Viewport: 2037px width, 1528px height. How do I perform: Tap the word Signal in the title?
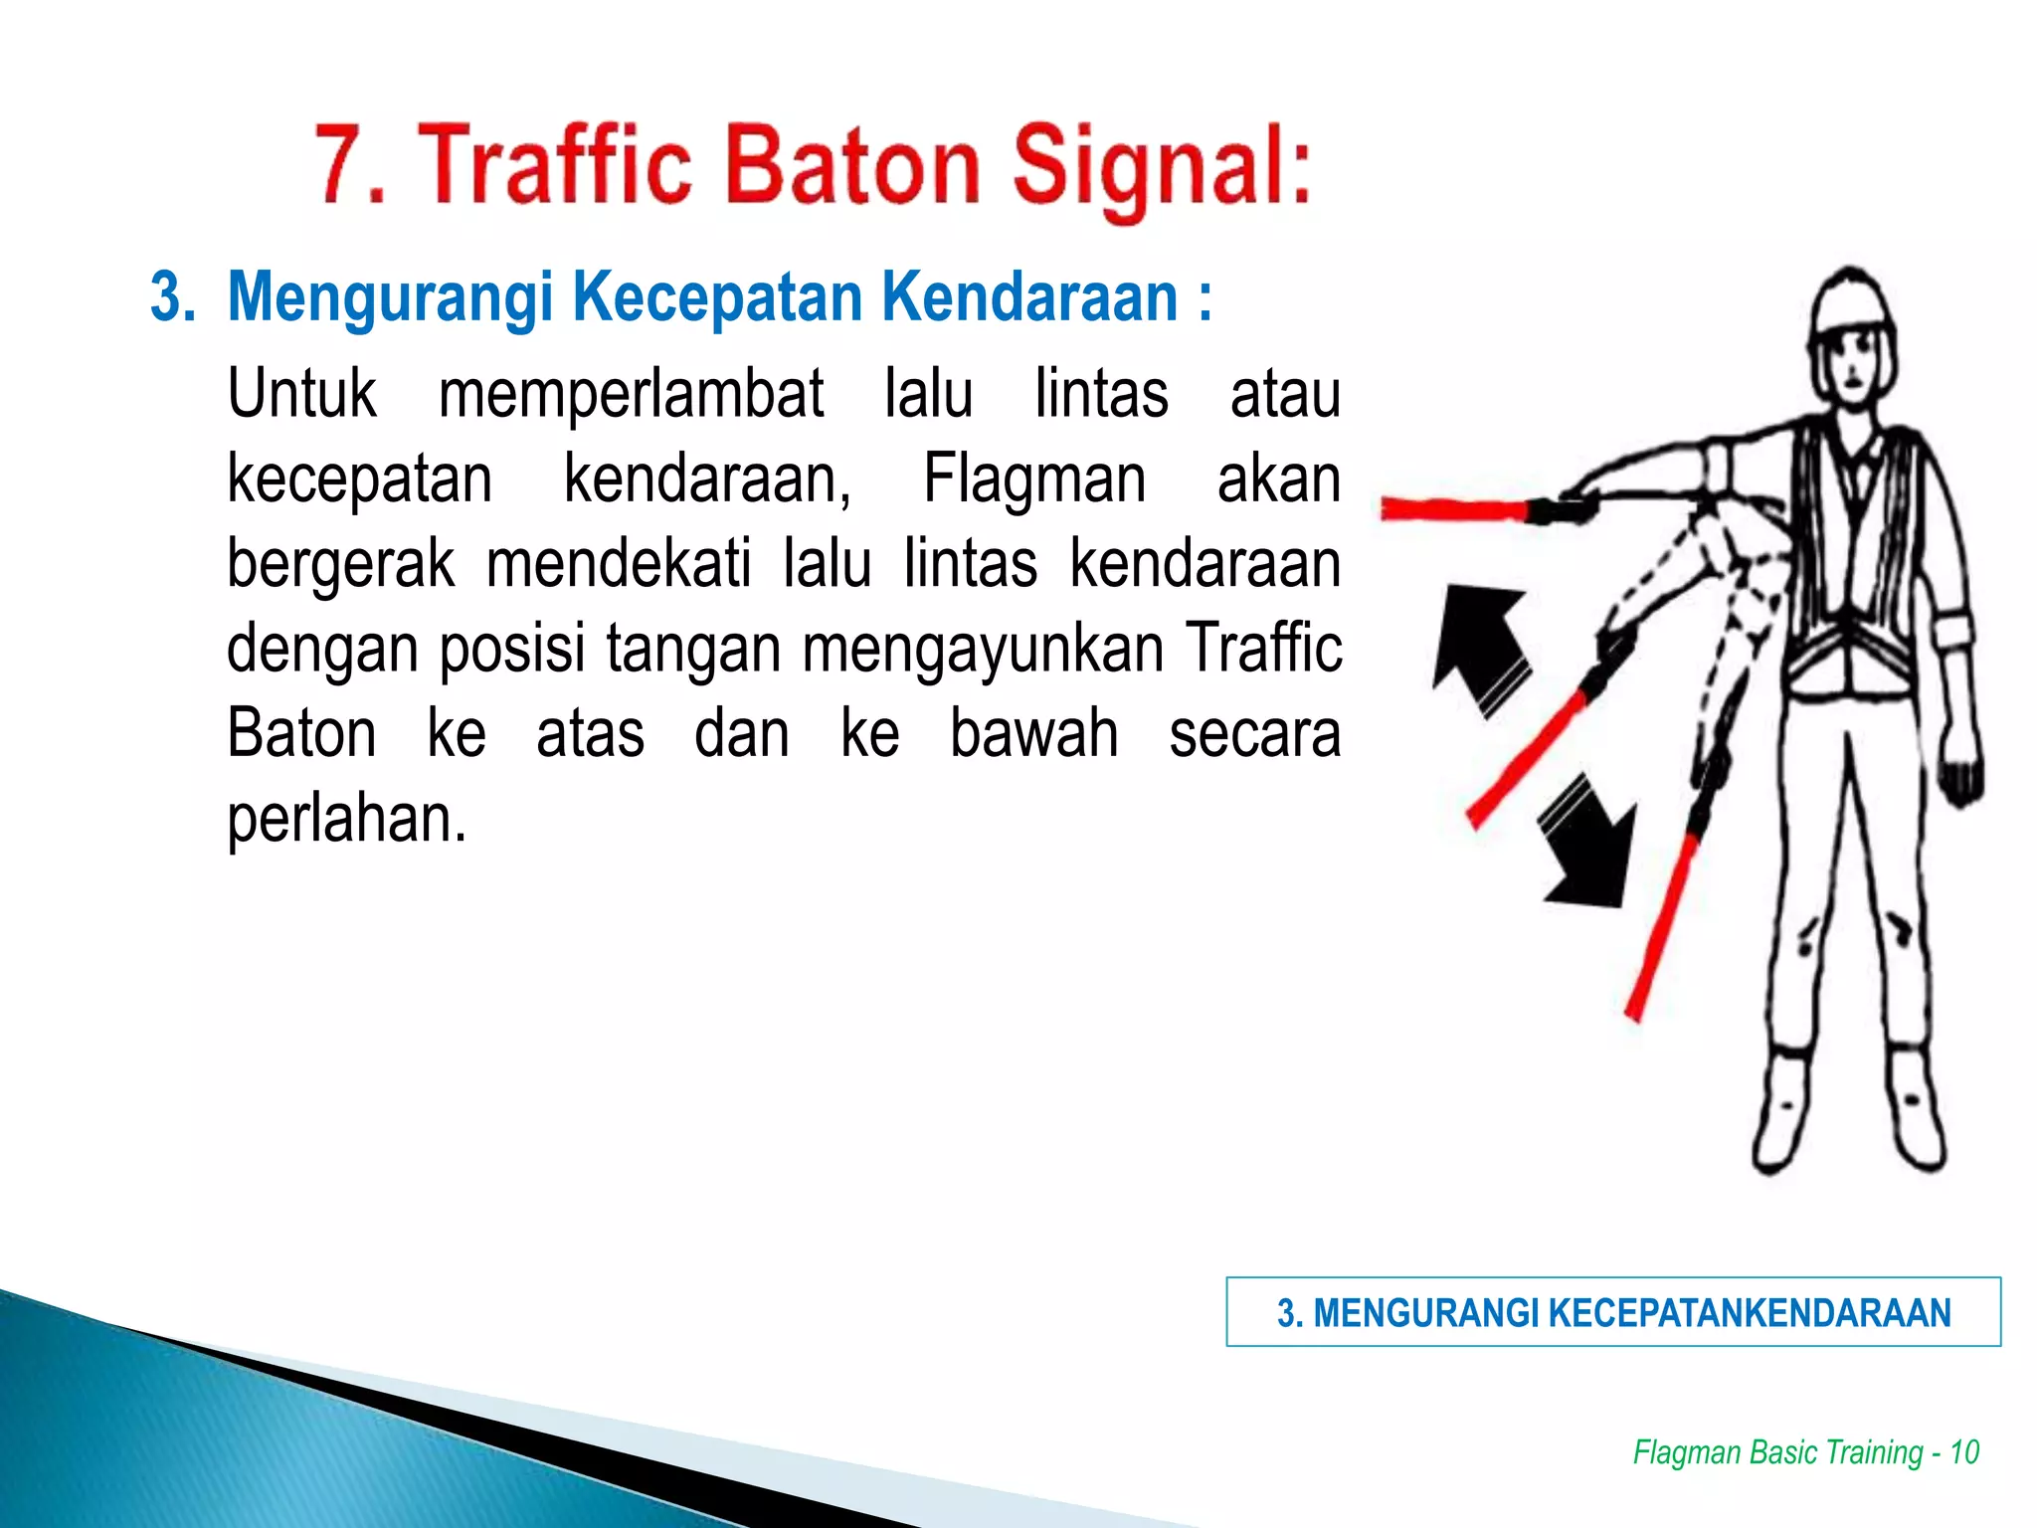point(1161,167)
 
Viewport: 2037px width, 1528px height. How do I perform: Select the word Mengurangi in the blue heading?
point(390,298)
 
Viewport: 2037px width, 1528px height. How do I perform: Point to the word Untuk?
point(301,393)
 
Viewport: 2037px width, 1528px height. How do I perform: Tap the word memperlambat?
point(631,395)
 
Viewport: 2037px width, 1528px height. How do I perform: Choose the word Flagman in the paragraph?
point(1034,479)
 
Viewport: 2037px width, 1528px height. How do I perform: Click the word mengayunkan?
point(983,650)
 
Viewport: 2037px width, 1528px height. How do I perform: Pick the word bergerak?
point(340,564)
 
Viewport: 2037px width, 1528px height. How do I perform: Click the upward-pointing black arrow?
point(1480,645)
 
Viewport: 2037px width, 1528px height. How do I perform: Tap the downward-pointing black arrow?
point(1588,844)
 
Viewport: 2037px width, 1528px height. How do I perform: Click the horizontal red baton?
point(1454,509)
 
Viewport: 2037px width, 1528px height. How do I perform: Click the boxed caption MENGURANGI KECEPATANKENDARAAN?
point(1612,1312)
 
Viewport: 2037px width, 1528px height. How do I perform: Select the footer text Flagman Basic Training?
point(1777,1451)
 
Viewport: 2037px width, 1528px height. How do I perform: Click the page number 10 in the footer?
point(1963,1451)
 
